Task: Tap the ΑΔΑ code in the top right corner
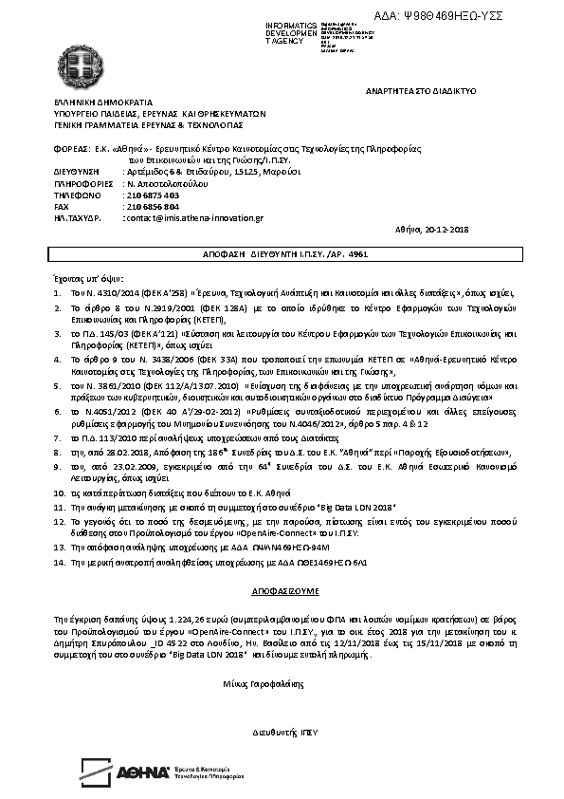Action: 454,16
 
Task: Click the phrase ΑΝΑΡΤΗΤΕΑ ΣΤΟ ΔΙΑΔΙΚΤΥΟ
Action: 420,90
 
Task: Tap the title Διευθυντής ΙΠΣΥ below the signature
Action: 284,734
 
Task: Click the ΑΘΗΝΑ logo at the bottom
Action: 144,772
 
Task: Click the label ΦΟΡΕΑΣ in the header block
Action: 72,150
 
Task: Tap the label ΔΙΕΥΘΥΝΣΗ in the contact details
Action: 78,172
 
